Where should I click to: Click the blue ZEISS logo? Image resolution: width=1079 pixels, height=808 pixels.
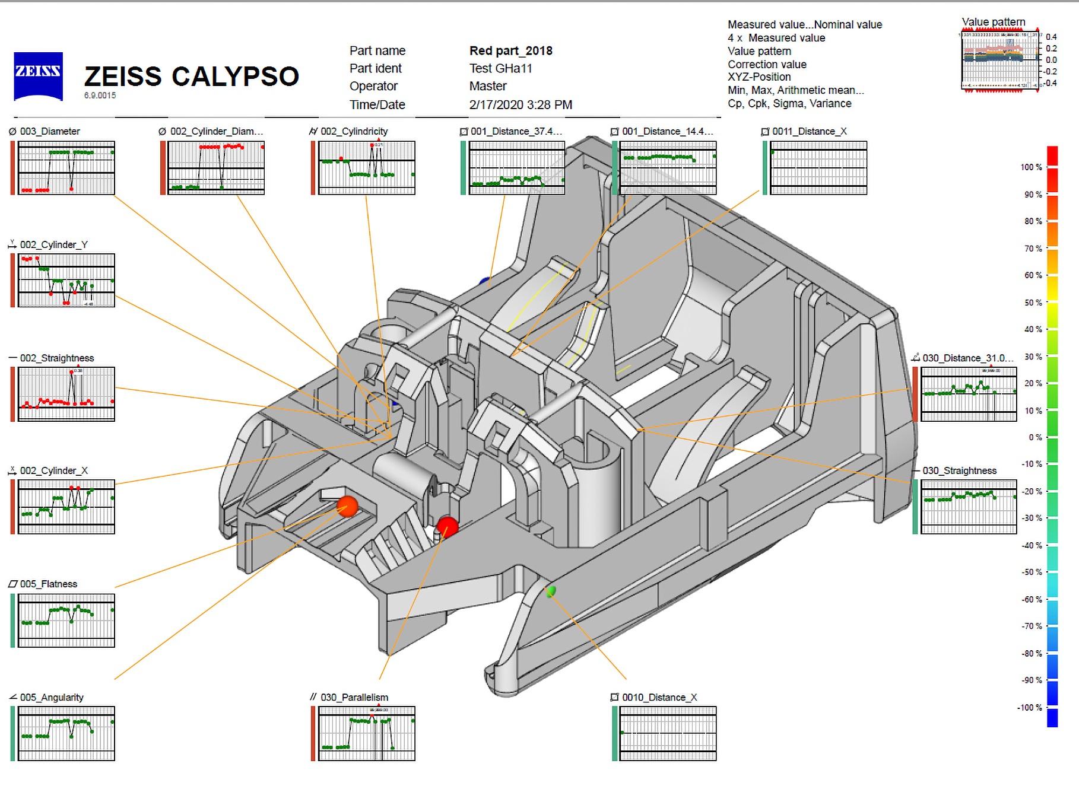coord(38,76)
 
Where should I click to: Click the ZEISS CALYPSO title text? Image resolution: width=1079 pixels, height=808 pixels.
coord(191,77)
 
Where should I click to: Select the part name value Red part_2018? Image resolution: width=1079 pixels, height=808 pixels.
coord(510,51)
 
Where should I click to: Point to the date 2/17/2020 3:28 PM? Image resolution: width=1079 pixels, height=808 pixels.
coord(521,105)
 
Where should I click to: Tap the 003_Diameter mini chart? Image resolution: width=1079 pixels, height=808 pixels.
coord(66,168)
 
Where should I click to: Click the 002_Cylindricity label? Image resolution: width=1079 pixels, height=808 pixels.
coord(354,131)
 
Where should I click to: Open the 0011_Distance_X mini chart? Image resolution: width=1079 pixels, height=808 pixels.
coord(818,168)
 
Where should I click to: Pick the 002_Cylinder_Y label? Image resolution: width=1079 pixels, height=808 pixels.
coord(53,244)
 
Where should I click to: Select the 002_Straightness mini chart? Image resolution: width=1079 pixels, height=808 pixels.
coord(66,394)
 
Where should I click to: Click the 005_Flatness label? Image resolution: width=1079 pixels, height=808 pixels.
coord(48,584)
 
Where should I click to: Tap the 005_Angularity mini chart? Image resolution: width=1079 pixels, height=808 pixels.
coord(66,733)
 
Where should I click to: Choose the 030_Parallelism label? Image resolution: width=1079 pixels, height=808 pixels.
coord(354,697)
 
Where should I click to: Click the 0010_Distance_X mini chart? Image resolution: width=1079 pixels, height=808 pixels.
coord(668,733)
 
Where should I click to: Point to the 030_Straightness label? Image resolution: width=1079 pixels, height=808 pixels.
coord(959,470)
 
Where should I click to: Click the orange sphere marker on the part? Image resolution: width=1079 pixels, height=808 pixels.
coord(347,506)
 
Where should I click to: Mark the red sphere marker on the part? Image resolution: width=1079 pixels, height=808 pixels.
coord(448,526)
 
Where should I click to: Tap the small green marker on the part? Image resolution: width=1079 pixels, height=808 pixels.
coord(551,591)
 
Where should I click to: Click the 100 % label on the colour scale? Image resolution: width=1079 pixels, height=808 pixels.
coord(1031,167)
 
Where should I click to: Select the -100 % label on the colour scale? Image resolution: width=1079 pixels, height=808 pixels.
coord(1029,707)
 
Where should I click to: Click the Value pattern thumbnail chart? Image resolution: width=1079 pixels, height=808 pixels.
coord(999,60)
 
